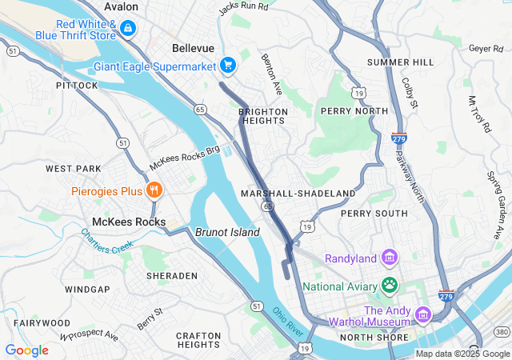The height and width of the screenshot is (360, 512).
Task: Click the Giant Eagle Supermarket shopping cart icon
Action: pos(228,66)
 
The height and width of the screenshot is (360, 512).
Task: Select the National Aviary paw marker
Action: pos(390,285)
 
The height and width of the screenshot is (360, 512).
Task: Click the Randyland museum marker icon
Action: pos(390,258)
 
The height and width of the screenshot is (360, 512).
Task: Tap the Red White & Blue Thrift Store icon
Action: pos(128,28)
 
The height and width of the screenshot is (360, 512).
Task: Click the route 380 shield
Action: pos(502,331)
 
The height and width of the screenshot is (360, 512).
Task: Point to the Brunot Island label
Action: pos(228,232)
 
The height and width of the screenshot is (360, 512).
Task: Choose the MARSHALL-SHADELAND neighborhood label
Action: pos(298,194)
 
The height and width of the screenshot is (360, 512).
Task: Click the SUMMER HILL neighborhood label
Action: pos(400,62)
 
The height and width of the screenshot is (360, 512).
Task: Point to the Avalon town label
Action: pos(121,6)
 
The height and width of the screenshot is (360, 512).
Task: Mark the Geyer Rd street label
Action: pos(486,49)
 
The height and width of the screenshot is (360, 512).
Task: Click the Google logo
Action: pos(26,350)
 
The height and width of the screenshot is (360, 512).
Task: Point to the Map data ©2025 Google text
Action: pos(462,354)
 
